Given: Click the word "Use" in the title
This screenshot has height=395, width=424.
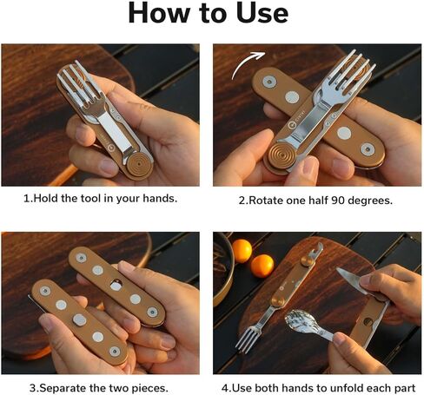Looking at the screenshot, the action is pos(262,14).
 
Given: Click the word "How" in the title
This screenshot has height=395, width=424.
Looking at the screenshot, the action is pos(159,13).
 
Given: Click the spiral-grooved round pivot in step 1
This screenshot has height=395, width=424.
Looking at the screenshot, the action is pos(140,164).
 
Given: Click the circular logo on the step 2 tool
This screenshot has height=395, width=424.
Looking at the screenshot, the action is pos(292,125).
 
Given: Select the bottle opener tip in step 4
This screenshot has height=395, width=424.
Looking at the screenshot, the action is pos(317,248).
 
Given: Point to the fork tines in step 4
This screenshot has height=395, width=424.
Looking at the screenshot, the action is pos(247,339).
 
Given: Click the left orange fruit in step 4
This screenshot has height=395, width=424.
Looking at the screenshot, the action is pos(242,251).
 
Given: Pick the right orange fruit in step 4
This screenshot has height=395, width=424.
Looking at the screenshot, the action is pos(262,266).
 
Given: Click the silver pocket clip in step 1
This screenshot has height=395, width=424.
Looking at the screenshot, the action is pos(115,132).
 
